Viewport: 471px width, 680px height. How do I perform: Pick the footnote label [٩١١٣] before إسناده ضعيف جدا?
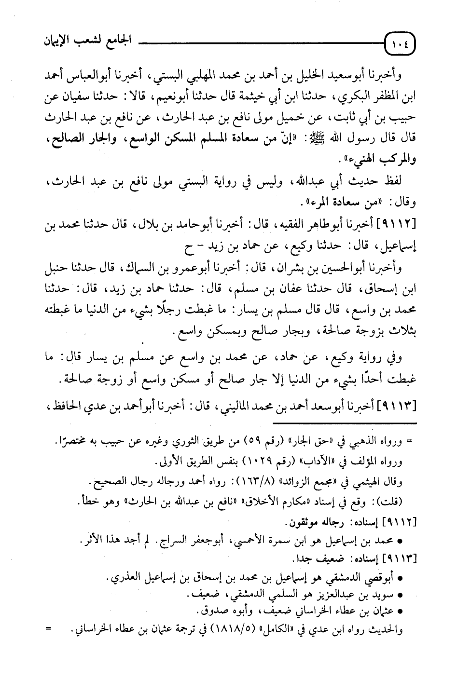[400, 559]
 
